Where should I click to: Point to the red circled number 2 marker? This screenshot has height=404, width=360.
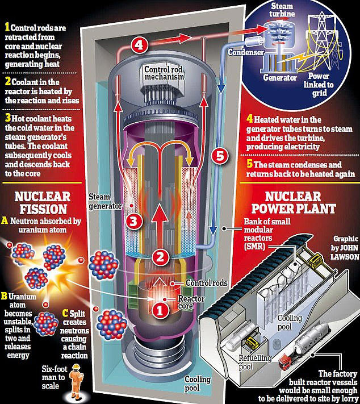click(x=162, y=256)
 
